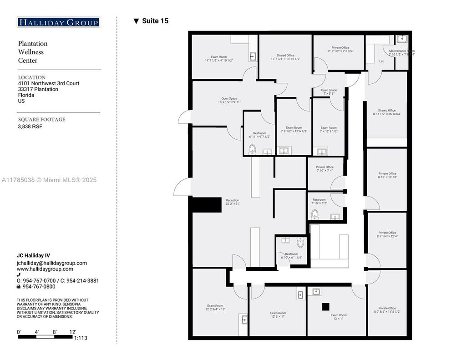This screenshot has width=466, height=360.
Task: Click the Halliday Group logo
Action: [58, 22]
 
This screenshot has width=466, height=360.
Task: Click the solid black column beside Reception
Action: [199, 204]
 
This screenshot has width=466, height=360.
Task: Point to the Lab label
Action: [381, 61]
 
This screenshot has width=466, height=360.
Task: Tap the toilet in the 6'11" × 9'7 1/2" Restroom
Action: [252, 149]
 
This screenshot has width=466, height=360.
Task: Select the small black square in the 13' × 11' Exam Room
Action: [325, 307]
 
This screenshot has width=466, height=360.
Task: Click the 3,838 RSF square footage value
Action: [30, 127]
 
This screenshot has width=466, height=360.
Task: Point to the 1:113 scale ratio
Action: [81, 338]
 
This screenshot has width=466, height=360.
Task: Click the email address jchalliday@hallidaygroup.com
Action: [52, 263]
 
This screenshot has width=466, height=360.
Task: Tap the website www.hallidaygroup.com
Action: [45, 269]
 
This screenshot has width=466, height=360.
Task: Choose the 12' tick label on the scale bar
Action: [72, 332]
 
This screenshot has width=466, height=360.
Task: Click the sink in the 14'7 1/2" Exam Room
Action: [253, 57]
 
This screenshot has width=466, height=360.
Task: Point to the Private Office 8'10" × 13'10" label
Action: [387, 175]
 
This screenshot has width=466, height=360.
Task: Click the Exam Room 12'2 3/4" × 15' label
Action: [216, 307]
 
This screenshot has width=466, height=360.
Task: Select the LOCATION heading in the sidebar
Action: [32, 77]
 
